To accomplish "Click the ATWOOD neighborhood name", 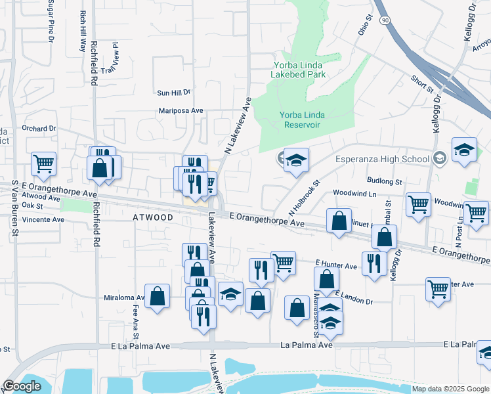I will coord(154,217).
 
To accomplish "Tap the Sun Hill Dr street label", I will coord(173,93).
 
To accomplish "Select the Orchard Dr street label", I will coord(39,128).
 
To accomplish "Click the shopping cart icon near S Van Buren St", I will coord(43,164).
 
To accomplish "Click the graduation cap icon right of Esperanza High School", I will coord(464,149).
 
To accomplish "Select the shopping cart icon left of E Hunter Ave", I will coord(283,263).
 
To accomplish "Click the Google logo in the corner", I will coord(22,386).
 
